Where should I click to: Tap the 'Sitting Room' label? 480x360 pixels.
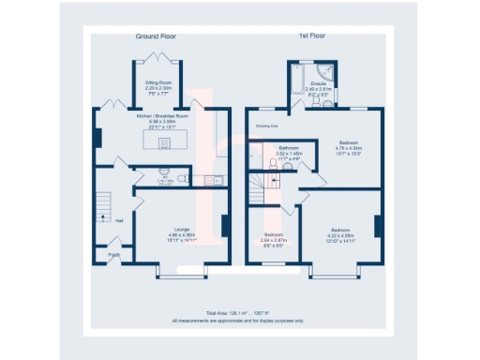[x=156, y=82]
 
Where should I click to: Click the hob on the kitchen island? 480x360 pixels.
[x=164, y=143]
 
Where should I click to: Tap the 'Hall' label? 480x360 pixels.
[x=119, y=220]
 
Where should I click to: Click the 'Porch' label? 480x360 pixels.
[x=113, y=253]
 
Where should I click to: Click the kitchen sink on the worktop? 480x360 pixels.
[x=217, y=179]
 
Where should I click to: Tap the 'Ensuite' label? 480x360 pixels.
[x=319, y=83]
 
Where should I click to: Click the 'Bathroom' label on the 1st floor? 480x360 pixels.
[x=288, y=148]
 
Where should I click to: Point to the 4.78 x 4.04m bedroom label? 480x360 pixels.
[x=349, y=143]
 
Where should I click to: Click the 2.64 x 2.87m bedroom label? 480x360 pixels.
[x=275, y=234]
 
